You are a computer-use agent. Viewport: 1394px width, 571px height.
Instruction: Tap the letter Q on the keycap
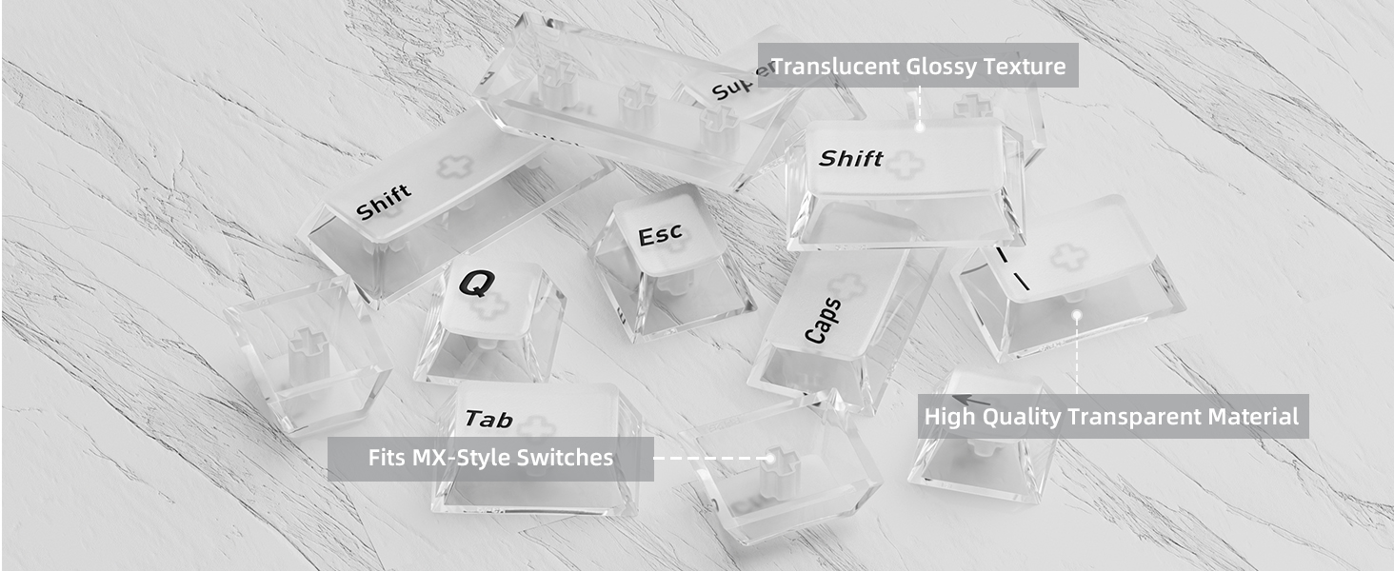[x=477, y=283]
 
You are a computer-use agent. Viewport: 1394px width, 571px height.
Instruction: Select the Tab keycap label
[x=488, y=419]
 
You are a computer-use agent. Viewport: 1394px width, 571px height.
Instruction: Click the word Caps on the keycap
[x=823, y=321]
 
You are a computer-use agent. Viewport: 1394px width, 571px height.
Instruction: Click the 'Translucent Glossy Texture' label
[x=918, y=66]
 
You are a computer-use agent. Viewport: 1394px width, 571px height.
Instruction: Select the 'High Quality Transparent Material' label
[x=1113, y=416]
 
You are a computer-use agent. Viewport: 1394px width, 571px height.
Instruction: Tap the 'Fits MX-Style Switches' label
[x=490, y=459]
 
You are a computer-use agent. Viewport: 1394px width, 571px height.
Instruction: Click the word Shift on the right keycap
[x=850, y=159]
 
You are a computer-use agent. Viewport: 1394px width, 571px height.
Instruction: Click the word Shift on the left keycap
[x=384, y=202]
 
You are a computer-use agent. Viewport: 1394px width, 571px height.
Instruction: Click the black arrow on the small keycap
[x=971, y=401]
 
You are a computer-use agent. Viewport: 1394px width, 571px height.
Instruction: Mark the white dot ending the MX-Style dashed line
[x=769, y=459]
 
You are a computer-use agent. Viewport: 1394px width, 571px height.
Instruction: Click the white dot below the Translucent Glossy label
[x=920, y=127]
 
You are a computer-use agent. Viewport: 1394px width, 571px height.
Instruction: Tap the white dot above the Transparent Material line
[x=1077, y=315]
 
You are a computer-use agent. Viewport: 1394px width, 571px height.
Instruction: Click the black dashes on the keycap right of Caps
[x=1012, y=269]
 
